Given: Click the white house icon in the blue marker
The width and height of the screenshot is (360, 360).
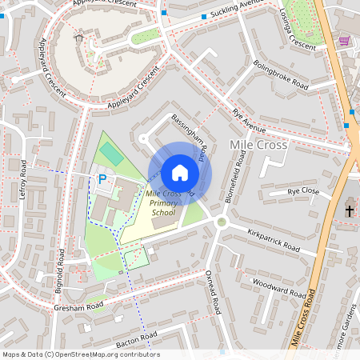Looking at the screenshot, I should pos(180,173).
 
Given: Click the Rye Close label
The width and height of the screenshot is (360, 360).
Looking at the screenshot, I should pos(303,192).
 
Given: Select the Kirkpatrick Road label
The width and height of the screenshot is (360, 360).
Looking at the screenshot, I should pos(273,238).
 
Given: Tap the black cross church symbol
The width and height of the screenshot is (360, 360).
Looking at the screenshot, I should pos(349,210).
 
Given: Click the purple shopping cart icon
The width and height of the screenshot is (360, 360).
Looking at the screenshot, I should pos(344,41).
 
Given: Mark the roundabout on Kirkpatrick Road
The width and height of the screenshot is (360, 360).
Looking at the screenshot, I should pos(222,222).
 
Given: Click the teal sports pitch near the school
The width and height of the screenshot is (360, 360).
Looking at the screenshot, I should pos(111,154).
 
